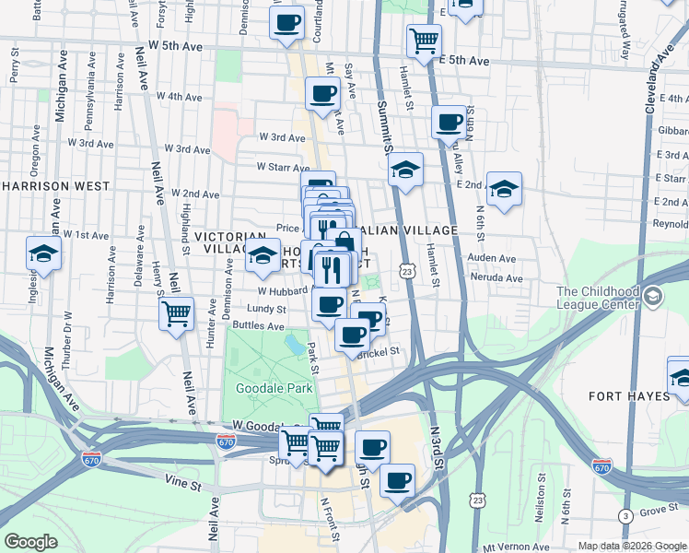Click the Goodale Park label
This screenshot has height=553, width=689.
pyautogui.click(x=274, y=388)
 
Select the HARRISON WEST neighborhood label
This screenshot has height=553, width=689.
pyautogui.click(x=43, y=185)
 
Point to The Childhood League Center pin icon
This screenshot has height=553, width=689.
pyautogui.click(x=653, y=296)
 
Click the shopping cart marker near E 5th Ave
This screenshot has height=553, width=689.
pyautogui.click(x=424, y=39)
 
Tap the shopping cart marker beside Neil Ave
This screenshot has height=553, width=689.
pyautogui.click(x=176, y=312)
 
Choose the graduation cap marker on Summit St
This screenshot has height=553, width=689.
pyautogui.click(x=404, y=170)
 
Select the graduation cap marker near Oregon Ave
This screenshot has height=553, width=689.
pyautogui.click(x=43, y=253)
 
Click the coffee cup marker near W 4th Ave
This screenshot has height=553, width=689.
pyautogui.click(x=322, y=93)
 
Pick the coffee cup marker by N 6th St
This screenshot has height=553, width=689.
pyautogui.click(x=450, y=121)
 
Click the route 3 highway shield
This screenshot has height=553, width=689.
pyautogui.click(x=625, y=515)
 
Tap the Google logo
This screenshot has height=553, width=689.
pyautogui.click(x=31, y=542)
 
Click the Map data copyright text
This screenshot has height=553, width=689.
pyautogui.click(x=631, y=546)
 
